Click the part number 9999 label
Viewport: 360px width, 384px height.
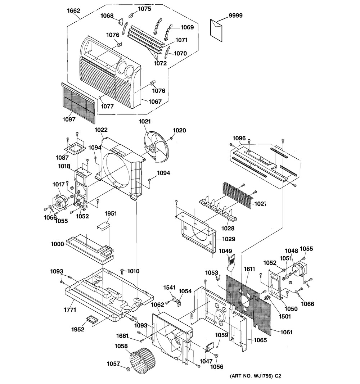(x=235, y=15)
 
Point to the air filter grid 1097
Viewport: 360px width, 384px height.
(x=78, y=103)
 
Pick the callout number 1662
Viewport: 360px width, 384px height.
(x=74, y=11)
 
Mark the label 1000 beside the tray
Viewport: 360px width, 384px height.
(x=57, y=244)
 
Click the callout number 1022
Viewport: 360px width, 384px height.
(x=101, y=130)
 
